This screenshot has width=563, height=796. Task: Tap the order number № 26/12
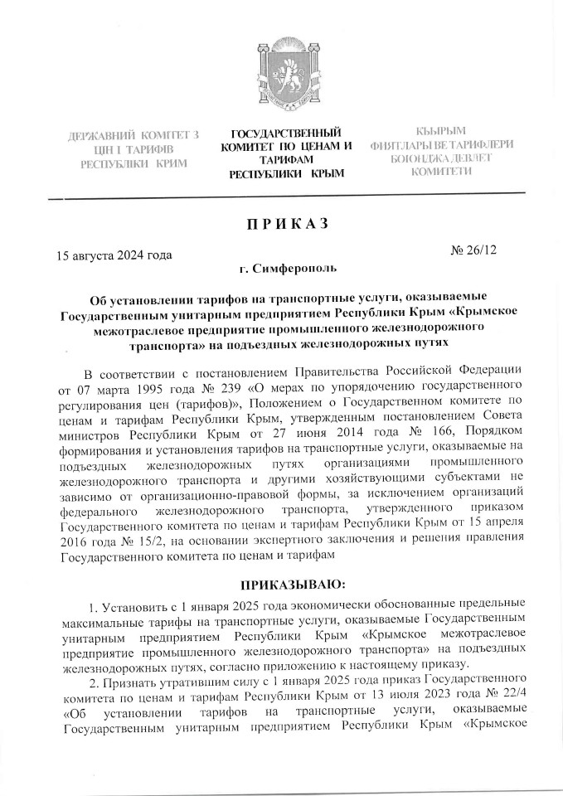(x=473, y=248)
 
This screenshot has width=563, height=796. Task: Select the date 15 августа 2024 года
(x=114, y=255)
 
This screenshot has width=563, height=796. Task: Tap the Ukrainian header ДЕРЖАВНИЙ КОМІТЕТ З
(x=133, y=134)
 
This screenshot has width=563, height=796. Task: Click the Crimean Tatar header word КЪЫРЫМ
(x=442, y=130)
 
